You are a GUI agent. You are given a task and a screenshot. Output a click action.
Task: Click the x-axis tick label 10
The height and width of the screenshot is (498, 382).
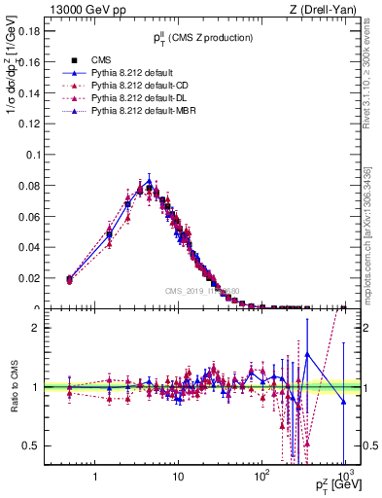(x=178, y=479)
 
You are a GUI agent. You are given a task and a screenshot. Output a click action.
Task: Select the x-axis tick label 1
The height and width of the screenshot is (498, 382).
(x=94, y=479)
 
